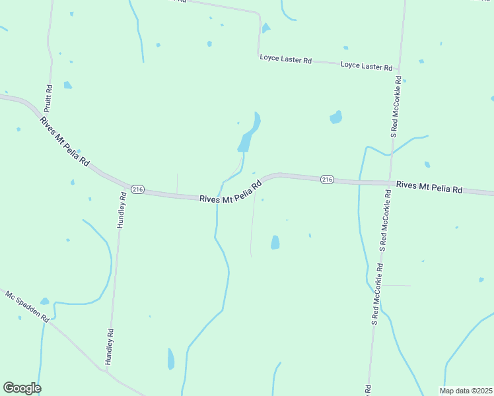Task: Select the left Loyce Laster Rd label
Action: (x=285, y=59)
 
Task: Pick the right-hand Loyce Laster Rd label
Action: (x=367, y=66)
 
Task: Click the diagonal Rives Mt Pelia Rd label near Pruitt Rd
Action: (x=64, y=141)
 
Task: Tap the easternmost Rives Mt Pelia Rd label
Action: (x=429, y=187)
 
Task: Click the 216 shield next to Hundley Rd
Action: (x=137, y=189)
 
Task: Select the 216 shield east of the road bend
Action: (x=327, y=179)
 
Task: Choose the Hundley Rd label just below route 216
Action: (x=121, y=211)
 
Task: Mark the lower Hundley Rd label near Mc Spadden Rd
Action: (x=110, y=346)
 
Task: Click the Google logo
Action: (x=22, y=388)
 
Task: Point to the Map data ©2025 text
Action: (x=466, y=391)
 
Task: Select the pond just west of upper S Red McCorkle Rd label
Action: (x=335, y=118)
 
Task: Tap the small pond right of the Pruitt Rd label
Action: (x=67, y=85)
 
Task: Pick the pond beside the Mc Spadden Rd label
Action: (x=44, y=301)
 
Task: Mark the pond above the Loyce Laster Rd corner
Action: (x=265, y=28)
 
